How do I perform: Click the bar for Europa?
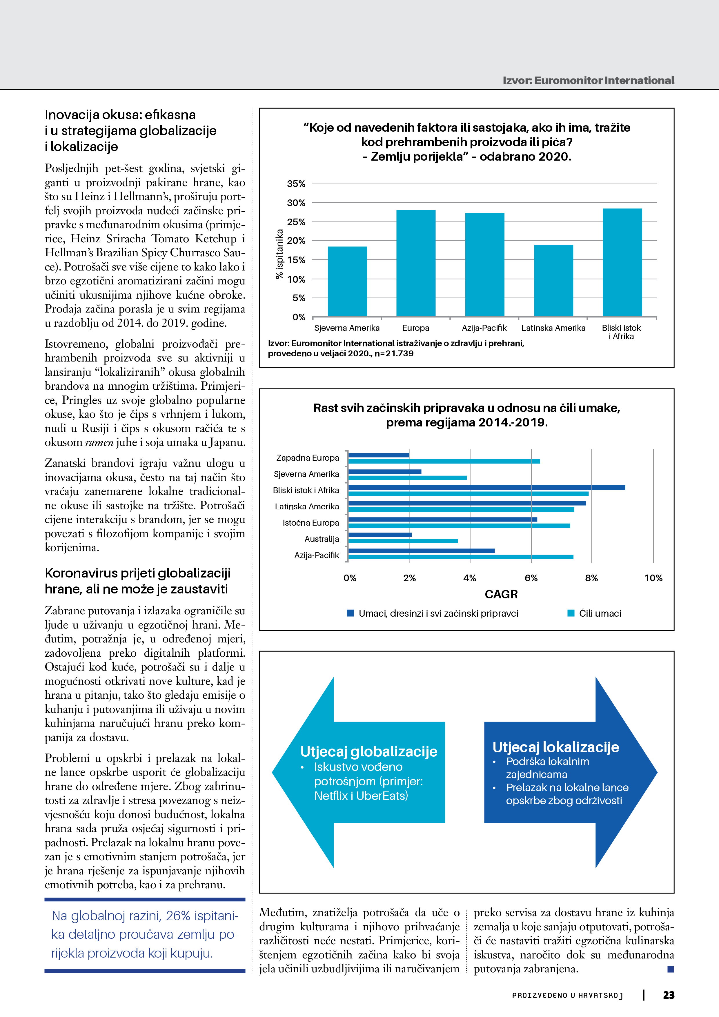[x=415, y=263]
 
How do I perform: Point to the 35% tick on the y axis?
[x=296, y=184]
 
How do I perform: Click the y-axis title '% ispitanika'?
[x=279, y=254]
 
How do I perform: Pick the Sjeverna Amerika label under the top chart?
[x=347, y=328]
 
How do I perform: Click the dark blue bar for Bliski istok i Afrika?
[x=486, y=487]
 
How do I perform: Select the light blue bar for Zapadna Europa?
[x=444, y=462]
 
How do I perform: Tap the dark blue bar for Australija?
[x=380, y=535]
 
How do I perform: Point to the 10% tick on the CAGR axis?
[x=653, y=578]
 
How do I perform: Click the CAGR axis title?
[x=501, y=594]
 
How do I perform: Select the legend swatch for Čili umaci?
[x=571, y=613]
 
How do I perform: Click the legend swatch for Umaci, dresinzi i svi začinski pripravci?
[x=351, y=613]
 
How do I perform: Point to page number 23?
[x=669, y=995]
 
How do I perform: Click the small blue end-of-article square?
[x=670, y=969]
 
